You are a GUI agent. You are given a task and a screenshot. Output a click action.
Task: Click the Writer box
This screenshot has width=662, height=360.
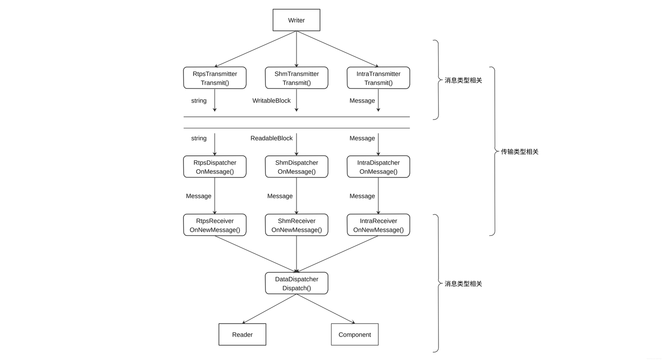pyautogui.click(x=297, y=20)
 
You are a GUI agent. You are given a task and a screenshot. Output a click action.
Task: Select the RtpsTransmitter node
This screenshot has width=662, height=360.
pyautogui.click(x=215, y=78)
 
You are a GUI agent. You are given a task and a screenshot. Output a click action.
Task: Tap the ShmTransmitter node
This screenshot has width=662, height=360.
pyautogui.click(x=297, y=78)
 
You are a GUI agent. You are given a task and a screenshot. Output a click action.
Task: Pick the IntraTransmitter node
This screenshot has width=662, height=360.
pyautogui.click(x=379, y=78)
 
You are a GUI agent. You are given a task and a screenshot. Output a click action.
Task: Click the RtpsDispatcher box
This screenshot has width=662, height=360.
pyautogui.click(x=215, y=167)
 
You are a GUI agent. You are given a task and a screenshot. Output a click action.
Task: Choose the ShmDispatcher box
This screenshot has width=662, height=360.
pyautogui.click(x=297, y=167)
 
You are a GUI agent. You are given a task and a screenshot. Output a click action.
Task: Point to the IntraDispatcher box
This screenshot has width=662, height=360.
pyautogui.click(x=379, y=167)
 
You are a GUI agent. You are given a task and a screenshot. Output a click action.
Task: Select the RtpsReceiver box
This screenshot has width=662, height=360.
pyautogui.click(x=215, y=225)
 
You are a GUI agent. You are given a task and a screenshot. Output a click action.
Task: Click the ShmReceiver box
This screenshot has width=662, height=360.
pyautogui.click(x=297, y=225)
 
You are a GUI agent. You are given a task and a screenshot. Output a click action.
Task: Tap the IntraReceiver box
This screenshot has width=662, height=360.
pyautogui.click(x=379, y=225)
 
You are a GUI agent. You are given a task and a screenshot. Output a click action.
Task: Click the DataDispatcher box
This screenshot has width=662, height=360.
pyautogui.click(x=297, y=283)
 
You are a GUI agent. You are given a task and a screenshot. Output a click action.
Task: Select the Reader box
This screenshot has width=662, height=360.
pyautogui.click(x=242, y=334)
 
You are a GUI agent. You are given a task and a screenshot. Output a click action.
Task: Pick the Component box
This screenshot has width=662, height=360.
pyautogui.click(x=354, y=334)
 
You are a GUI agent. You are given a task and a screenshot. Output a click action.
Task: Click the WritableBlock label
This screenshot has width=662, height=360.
pyautogui.click(x=271, y=101)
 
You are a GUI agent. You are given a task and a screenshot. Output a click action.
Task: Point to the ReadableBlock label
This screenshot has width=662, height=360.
pyautogui.click(x=271, y=138)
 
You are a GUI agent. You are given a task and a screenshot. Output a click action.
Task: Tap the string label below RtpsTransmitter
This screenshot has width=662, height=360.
pyautogui.click(x=199, y=101)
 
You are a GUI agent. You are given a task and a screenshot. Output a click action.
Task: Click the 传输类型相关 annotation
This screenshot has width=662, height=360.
pyautogui.click(x=519, y=152)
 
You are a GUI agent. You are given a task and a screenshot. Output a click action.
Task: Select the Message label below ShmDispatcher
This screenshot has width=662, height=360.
pyautogui.click(x=280, y=196)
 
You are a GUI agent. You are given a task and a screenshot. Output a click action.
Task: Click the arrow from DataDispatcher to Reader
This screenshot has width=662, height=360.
pyautogui.click(x=269, y=309)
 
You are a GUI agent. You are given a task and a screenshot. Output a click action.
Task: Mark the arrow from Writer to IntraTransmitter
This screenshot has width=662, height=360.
pyautogui.click(x=337, y=49)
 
